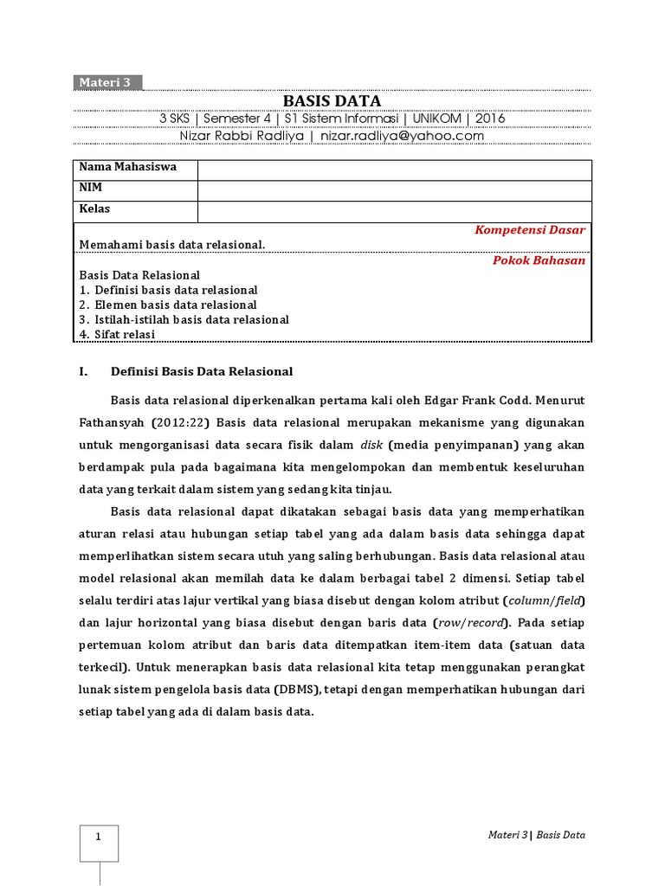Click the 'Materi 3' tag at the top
[105, 83]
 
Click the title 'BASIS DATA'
[332, 101]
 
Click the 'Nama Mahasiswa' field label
[128, 167]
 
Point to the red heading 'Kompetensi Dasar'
[530, 230]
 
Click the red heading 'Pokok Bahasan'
[539, 260]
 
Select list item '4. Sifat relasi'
[117, 334]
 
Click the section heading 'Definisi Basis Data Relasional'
[202, 371]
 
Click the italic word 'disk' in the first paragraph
[371, 446]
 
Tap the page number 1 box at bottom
[99, 838]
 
